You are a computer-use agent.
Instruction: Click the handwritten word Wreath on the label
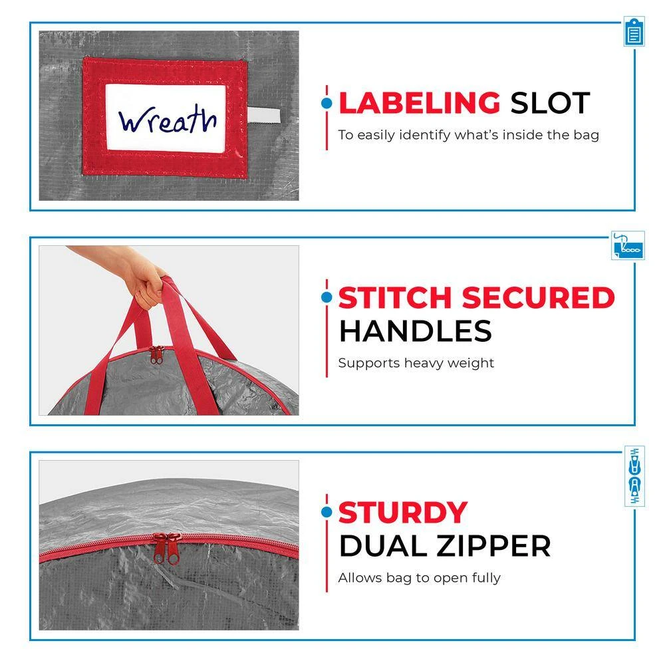pos(168,119)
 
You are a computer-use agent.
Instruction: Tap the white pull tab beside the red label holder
pos(264,115)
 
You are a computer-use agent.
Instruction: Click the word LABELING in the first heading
pos(420,103)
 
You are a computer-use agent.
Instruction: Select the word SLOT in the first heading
pos(550,103)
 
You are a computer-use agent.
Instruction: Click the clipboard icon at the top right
pos(634,32)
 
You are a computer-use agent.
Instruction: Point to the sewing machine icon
pos(628,245)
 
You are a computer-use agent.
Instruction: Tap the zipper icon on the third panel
pos(634,476)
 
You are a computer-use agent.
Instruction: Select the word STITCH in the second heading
pos(395,297)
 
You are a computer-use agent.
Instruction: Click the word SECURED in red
pos(538,297)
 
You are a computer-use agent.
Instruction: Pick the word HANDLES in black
pos(416,331)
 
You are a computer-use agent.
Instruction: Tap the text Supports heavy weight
pos(416,364)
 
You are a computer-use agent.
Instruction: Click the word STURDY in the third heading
pos(403,513)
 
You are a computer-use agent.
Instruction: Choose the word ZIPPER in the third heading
pos(493,546)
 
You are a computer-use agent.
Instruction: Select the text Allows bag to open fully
pos(420,578)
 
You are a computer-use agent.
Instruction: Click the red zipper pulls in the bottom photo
pos(167,549)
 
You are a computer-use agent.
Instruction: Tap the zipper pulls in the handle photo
pos(156,354)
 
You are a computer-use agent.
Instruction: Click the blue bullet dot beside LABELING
pos(327,103)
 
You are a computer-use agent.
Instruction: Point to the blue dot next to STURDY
pos(327,512)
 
